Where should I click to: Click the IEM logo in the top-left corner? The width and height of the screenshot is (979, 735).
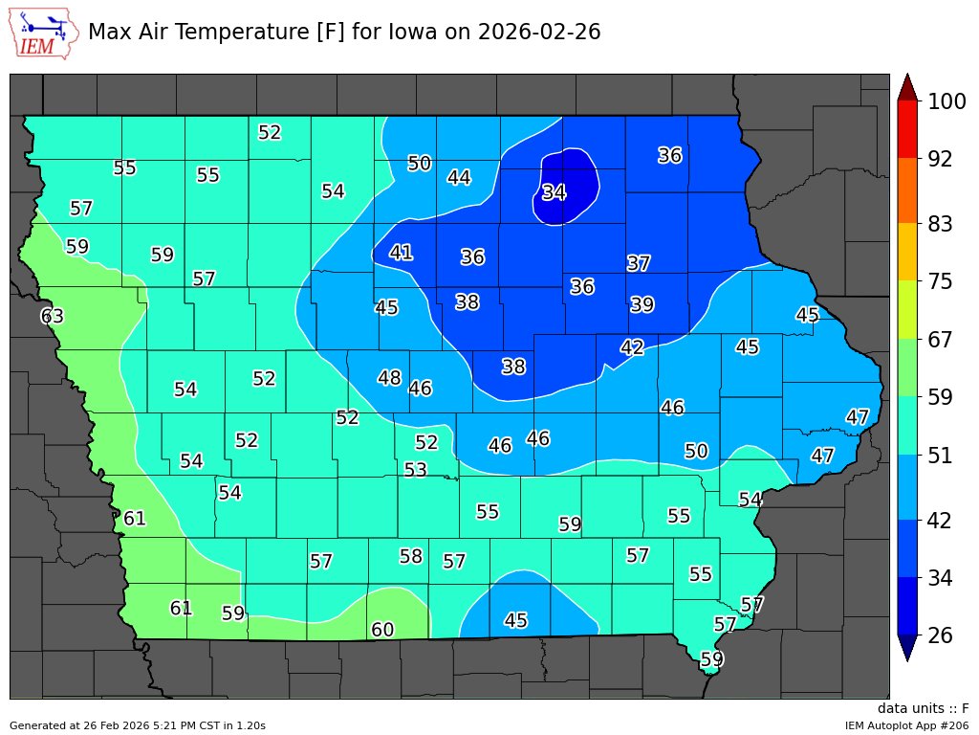coord(43,33)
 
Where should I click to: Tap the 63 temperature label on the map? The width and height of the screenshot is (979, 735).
coord(52,316)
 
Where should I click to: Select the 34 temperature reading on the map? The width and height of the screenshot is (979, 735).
coord(555,192)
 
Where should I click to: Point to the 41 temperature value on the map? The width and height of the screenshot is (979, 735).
coord(402,253)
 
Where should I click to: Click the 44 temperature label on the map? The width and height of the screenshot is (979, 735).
coord(459,177)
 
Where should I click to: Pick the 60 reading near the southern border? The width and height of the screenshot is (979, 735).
coord(382,630)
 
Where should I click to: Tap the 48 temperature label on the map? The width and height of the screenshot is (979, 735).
coord(389,378)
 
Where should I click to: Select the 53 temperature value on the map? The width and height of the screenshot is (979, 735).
coord(415,470)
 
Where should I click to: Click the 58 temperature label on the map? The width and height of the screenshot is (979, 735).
coord(411,556)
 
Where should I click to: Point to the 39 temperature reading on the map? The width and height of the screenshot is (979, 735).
coord(642,304)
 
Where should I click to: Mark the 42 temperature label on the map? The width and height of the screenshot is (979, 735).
coord(632,347)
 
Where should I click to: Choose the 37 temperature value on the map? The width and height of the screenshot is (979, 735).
coord(639,263)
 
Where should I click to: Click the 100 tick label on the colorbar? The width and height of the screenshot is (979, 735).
coord(941,101)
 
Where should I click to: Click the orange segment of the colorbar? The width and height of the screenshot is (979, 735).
coord(907,190)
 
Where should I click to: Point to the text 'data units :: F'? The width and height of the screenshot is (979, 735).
coord(923,708)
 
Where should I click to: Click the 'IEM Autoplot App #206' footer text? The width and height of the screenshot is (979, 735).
coord(906,725)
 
